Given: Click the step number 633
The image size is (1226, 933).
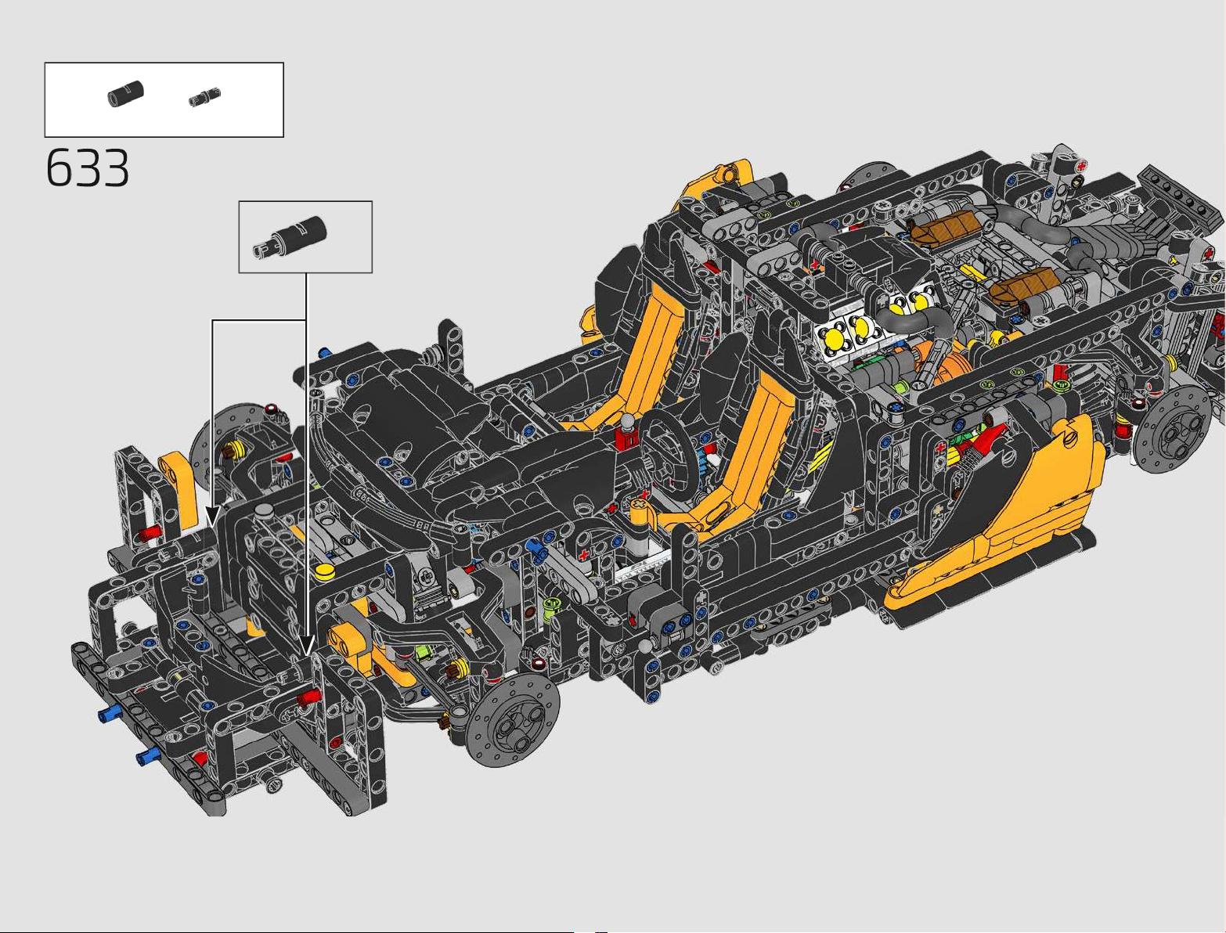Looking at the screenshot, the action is click(x=87, y=168).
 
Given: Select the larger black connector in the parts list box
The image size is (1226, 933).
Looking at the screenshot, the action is click(x=125, y=93).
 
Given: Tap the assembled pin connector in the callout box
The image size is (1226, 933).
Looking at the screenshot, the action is click(x=290, y=236).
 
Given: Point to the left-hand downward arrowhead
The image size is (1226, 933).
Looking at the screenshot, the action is click(x=212, y=516).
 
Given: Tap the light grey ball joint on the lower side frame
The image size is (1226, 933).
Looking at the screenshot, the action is click(x=645, y=647).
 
